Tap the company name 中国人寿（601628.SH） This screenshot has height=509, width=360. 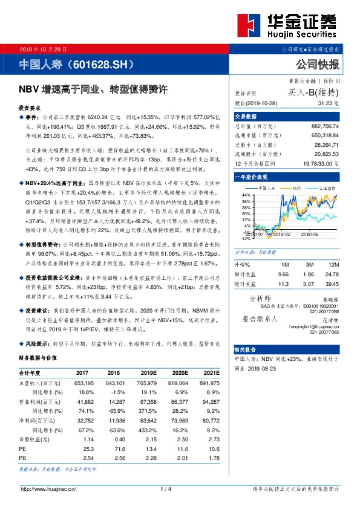click(x=76, y=63)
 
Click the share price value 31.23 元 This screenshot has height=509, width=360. click(x=327, y=104)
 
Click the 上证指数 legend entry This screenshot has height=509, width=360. click(x=327, y=188)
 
